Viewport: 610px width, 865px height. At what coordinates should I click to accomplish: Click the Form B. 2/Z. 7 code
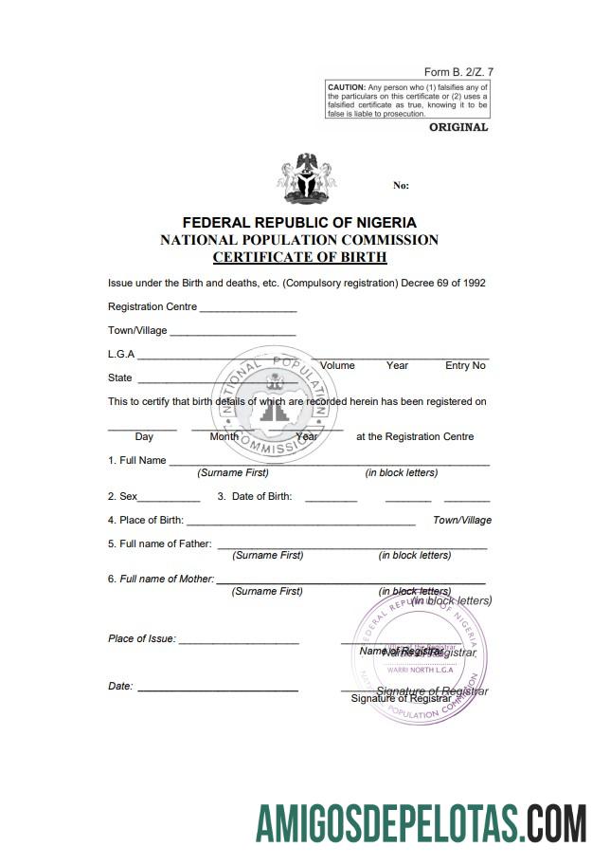[458, 72]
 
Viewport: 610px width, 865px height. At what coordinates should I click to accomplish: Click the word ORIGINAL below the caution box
[458, 127]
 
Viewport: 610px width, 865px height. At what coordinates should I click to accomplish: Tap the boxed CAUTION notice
[407, 100]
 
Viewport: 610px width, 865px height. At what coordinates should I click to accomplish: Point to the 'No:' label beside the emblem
[401, 186]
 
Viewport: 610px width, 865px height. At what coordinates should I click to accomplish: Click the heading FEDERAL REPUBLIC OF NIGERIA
[299, 223]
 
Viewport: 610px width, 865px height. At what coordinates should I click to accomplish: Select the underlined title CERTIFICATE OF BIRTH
[299, 257]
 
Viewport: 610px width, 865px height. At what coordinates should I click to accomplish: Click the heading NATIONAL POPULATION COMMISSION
[299, 240]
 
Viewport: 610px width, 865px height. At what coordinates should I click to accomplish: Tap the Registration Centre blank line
[247, 309]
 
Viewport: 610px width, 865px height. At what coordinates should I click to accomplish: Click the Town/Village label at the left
[137, 331]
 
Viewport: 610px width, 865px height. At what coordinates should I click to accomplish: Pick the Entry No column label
[465, 365]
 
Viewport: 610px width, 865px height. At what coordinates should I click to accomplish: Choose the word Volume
[337, 365]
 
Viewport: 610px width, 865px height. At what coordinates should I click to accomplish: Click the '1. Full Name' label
[137, 460]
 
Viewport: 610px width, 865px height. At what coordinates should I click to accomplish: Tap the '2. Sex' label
[123, 496]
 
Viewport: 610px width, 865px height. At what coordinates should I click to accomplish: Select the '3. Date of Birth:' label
[255, 496]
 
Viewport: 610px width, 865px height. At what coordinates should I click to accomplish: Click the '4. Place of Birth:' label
[146, 521]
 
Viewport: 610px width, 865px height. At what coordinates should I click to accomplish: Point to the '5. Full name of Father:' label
[160, 544]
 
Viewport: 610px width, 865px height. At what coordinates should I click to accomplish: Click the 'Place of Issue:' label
[142, 638]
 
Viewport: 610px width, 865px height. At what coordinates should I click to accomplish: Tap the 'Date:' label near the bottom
[120, 686]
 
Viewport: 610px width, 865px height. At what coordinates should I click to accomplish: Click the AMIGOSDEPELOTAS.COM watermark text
[421, 822]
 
